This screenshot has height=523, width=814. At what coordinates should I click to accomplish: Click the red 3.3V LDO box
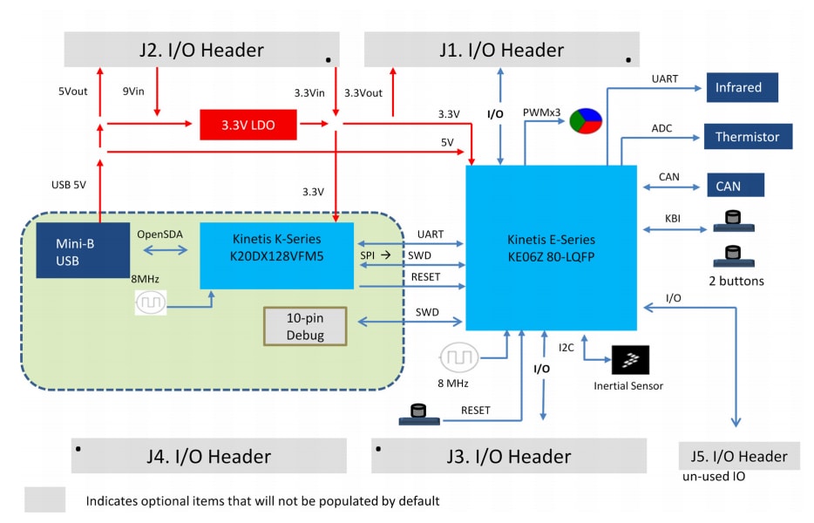click(248, 125)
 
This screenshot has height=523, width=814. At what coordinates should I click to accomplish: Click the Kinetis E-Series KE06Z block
click(551, 248)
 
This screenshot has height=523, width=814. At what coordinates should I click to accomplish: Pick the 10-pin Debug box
click(305, 326)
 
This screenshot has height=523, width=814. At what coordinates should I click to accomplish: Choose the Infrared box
click(741, 87)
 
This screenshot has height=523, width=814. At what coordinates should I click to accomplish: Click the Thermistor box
click(748, 137)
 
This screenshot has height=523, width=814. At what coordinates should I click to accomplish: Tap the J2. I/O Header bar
click(200, 50)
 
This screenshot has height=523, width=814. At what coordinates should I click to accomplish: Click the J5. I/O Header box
click(738, 456)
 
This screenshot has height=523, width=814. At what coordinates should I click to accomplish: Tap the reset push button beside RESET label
click(419, 416)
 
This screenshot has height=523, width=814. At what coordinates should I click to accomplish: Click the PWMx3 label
click(541, 112)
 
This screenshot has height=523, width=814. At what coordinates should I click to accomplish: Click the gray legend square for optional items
click(44, 500)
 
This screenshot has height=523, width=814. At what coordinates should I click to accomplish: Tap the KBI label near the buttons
click(672, 219)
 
